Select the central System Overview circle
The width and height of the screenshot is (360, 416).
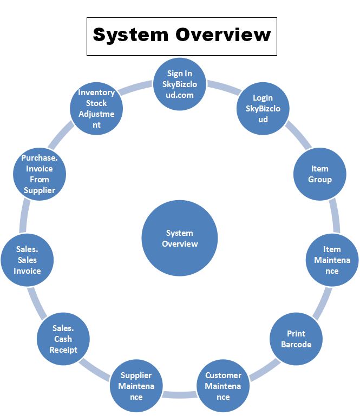179,239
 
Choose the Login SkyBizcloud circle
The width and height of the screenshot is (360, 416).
263,108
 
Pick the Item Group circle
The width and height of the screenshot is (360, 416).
320,174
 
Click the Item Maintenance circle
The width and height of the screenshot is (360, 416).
332,260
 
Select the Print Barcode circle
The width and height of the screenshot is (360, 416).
296,339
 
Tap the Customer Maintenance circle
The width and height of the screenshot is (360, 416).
223,386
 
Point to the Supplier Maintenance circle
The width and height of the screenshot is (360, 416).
136,386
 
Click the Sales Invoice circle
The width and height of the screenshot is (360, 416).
27,260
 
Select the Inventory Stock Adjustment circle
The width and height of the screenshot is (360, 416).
96,108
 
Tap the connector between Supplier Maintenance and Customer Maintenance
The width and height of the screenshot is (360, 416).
180,393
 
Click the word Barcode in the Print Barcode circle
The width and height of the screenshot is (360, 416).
296,344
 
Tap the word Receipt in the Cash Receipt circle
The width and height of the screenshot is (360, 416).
63,349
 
